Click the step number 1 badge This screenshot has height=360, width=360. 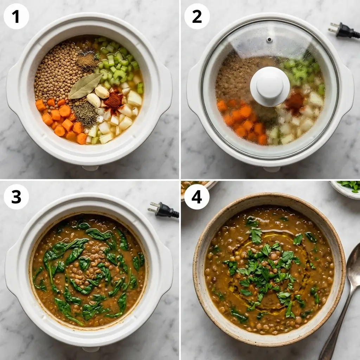point(16,16)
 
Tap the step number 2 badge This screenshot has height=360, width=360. point(197,16)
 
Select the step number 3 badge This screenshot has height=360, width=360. point(16,197)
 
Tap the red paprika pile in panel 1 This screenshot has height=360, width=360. point(113,101)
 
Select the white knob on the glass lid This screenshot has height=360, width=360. point(270,86)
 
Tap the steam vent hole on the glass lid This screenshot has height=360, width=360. point(269,40)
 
